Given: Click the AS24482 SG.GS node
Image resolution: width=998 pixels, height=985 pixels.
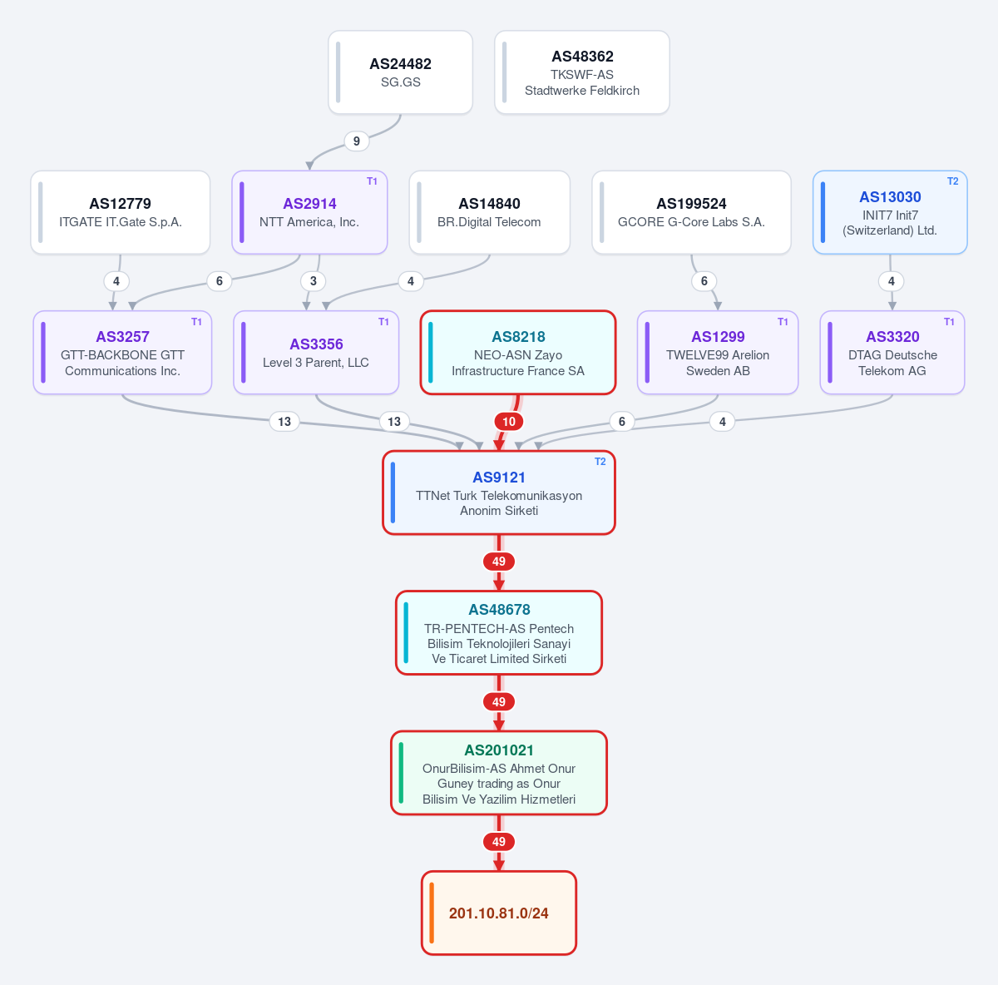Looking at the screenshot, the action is coord(400,72).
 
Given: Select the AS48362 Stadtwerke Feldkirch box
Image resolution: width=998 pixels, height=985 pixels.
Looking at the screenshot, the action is coord(581,72).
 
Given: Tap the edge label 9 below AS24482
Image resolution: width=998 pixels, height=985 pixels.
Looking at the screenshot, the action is coord(356,141).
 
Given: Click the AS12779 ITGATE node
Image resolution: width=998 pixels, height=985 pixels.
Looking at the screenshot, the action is coord(120,212).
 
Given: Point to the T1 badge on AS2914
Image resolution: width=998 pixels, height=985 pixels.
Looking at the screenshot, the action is coord(372,181).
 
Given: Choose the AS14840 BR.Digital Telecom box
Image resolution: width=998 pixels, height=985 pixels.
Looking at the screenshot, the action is coord(489,212).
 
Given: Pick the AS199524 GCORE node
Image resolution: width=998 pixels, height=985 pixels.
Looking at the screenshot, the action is coord(691,212).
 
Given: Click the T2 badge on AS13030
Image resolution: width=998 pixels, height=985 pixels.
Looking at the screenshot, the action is coord(952,181).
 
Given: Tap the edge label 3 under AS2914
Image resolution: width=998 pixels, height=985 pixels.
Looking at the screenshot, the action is coord(314,281).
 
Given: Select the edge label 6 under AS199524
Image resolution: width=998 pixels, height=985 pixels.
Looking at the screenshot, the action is coord(704,281).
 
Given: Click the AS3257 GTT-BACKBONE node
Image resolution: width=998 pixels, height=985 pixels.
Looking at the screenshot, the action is coord(123,353).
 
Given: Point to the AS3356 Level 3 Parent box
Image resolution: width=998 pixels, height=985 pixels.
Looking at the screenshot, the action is coord(316,353).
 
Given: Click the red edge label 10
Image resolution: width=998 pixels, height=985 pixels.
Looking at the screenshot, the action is coord(509,421).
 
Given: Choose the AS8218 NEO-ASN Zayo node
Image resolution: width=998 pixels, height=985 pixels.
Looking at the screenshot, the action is coord(518,353).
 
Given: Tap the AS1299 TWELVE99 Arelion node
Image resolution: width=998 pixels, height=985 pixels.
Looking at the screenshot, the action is coord(718,353).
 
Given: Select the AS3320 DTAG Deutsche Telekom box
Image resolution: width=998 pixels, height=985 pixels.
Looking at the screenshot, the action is coord(892,353).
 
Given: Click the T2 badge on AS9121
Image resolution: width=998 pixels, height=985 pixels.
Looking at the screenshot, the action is coord(600,462).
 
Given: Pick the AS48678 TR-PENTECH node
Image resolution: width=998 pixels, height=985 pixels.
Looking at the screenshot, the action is coord(499,632).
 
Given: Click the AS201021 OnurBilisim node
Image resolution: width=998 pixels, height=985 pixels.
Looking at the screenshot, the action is coord(499,773).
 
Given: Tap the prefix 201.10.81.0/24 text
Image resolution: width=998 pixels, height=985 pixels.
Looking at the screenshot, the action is coord(498,913).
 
